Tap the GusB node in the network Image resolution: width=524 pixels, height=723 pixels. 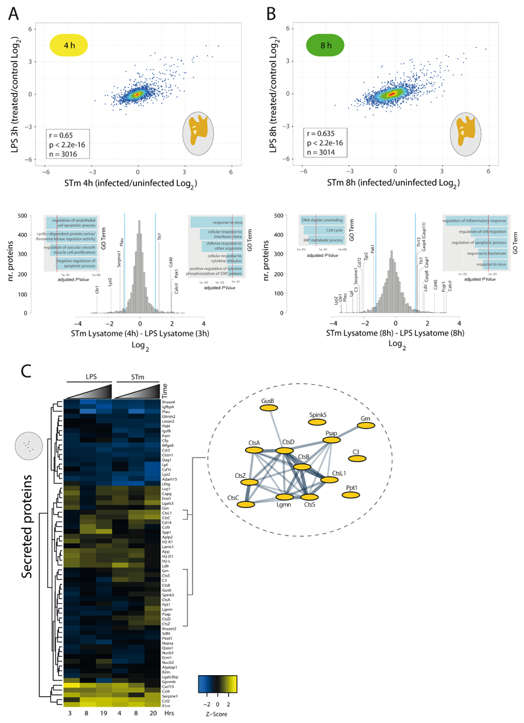pyautogui.click(x=267, y=407)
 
